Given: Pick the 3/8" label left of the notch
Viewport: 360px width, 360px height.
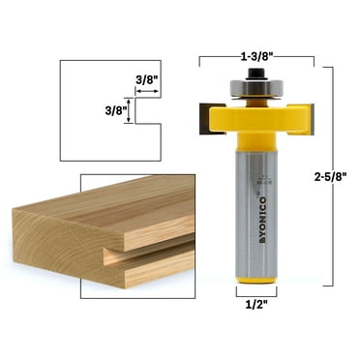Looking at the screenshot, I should click(113, 110).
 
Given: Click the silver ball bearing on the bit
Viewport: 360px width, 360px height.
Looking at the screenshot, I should click(255, 88).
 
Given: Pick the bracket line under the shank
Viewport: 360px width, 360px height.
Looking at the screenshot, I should click(255, 293).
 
